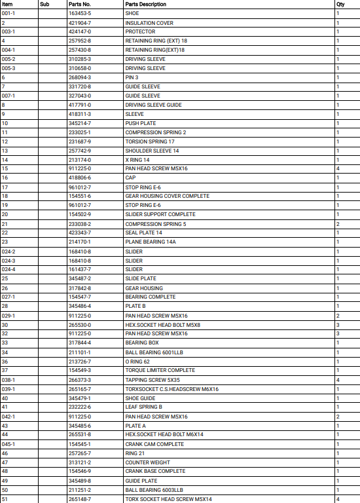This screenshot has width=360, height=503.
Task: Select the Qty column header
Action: coord(340,4)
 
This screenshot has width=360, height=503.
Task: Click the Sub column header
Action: coord(44,4)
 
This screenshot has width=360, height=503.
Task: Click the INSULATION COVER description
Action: coord(151,22)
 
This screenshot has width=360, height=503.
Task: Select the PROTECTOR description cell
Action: coord(141,31)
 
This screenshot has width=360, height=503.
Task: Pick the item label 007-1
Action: coord(9,96)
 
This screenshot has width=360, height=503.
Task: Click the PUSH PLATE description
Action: coord(141,123)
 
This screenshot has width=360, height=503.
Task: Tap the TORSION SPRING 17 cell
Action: coord(150,141)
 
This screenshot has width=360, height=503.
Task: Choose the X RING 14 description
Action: coord(138,160)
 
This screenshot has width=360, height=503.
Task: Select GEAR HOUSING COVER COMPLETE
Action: coord(167,196)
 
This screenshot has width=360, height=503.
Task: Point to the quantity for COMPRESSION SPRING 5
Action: coord(338,223)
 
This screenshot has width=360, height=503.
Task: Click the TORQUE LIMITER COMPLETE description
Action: coord(160,370)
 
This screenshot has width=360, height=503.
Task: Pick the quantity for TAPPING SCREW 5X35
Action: coord(338,379)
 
